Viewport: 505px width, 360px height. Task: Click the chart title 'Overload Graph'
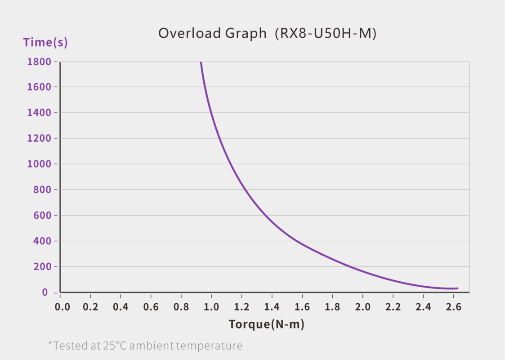pos(212,33)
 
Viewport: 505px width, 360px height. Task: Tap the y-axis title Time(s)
pos(45,42)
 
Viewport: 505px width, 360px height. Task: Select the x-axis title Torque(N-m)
pos(266,324)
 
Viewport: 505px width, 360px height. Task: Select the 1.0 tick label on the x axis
pos(212,307)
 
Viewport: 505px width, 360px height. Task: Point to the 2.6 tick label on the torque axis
pos(453,307)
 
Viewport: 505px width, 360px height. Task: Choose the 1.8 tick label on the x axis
pos(332,307)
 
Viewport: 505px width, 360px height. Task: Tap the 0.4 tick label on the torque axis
pos(121,307)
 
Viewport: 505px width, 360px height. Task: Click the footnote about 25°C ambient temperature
pos(145,346)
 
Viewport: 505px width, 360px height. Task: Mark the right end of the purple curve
pos(457,288)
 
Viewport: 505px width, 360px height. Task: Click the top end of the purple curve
pos(201,63)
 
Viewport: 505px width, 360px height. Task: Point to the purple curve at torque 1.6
pos(302,245)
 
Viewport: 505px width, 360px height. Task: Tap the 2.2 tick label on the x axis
pos(393,307)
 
